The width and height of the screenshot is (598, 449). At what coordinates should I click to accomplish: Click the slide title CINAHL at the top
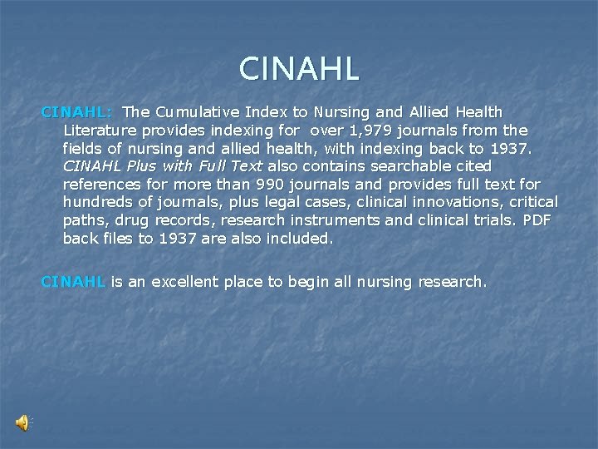click(x=299, y=68)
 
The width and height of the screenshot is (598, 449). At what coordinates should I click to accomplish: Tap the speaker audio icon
click(x=23, y=423)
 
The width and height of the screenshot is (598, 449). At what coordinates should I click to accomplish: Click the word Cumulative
click(x=195, y=111)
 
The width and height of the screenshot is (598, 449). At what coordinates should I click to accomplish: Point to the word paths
click(x=85, y=220)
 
